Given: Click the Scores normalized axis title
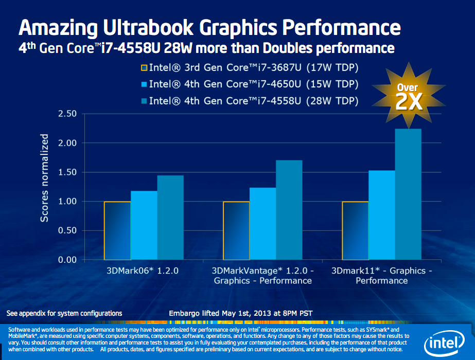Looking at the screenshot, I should [45, 178].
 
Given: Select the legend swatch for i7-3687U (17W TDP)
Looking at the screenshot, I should [144, 68].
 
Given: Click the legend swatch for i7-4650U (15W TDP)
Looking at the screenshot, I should [144, 84].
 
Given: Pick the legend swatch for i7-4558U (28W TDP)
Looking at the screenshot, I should [144, 100].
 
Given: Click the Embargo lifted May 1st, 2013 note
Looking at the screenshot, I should [240, 313].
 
